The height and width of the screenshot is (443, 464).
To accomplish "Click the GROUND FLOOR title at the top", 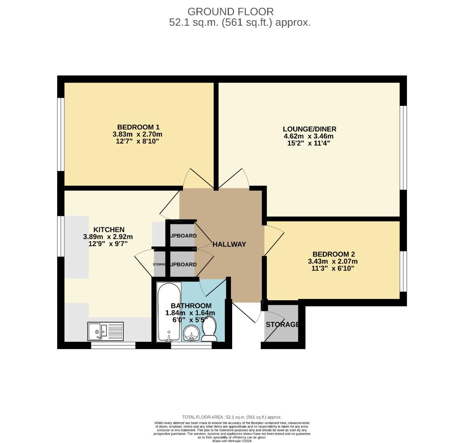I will pos(230,11).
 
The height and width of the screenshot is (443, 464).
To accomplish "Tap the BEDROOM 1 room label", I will pos(138,127).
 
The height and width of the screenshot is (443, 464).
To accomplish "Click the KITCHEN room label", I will pos(108,229).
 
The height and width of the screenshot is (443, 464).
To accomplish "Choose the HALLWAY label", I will pos(229,244).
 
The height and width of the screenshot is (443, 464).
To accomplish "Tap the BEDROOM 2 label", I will pos(333,254).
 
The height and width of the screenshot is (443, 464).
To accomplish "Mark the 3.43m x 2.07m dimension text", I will pos(333,261).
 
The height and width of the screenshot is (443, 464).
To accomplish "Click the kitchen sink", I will pos(105,331).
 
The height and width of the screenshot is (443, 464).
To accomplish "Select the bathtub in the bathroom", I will pos(169,312).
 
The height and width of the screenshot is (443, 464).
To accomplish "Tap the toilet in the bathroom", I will pos(210,330).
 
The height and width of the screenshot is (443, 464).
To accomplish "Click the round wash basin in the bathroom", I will pos(191,333).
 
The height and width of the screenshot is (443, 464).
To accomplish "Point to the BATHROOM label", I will pos(191,306).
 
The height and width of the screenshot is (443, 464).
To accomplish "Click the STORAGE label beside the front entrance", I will pos(282,324).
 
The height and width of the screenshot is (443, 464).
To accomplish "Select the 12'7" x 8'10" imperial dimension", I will pos(137,141).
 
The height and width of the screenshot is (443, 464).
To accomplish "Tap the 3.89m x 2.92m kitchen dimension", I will pos(108,237).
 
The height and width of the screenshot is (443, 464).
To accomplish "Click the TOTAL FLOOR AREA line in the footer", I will pos(232,417).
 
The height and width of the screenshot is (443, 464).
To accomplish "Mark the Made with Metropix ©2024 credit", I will pos(232,441).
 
